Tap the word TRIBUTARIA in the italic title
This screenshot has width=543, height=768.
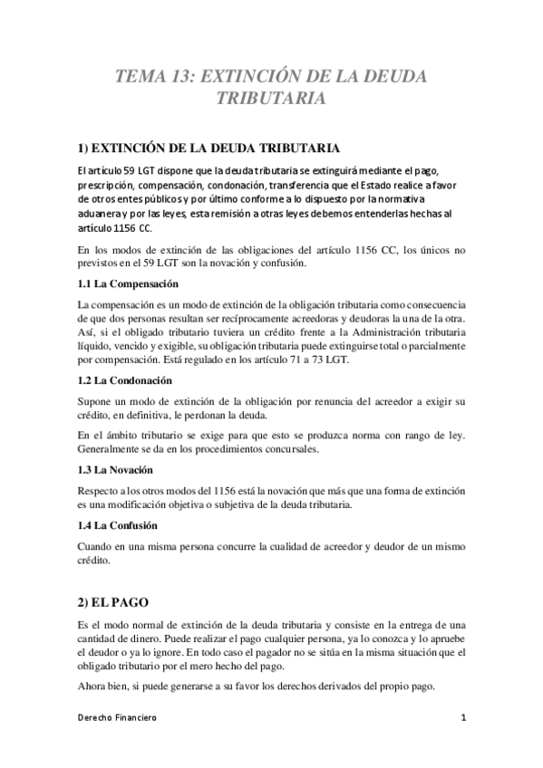(x=271, y=98)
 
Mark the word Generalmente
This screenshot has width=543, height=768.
(x=112, y=451)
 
